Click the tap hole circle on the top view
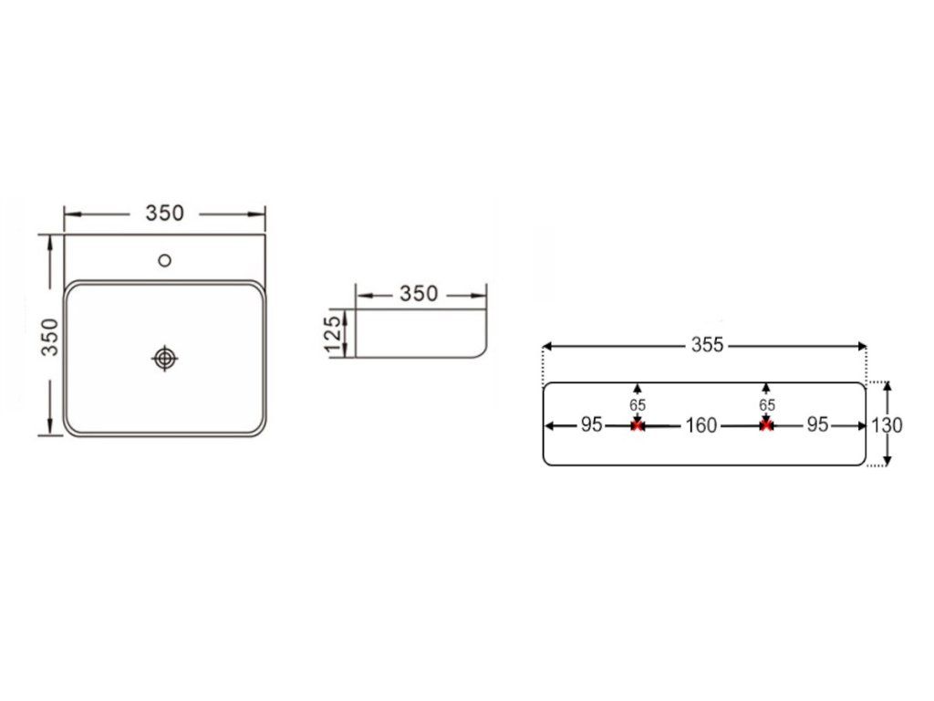(x=165, y=260)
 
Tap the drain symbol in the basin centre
(x=165, y=358)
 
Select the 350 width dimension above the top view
(x=165, y=213)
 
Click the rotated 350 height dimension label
(x=50, y=338)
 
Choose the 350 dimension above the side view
(x=418, y=293)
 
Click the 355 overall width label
(x=707, y=344)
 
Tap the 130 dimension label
(x=887, y=425)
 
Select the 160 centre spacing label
(x=701, y=425)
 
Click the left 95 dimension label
(x=592, y=425)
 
